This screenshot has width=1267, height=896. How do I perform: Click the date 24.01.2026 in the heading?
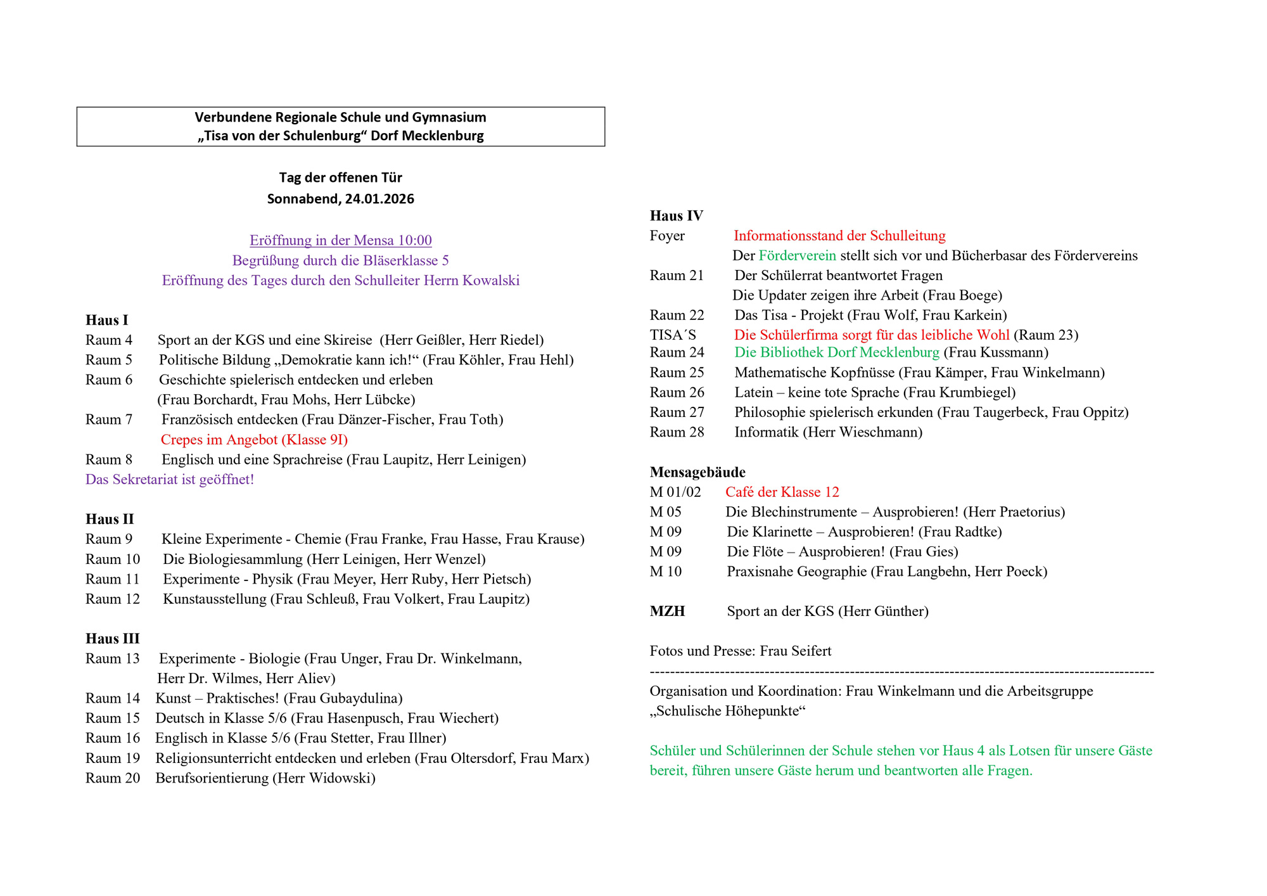(x=379, y=199)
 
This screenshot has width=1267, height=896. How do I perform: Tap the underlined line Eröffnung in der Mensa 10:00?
(x=340, y=240)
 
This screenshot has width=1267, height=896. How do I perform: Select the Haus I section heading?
(x=106, y=320)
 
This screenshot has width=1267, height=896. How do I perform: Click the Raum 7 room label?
(x=109, y=419)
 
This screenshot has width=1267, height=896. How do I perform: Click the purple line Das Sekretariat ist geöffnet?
(x=170, y=480)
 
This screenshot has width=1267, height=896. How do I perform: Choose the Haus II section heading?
(x=110, y=519)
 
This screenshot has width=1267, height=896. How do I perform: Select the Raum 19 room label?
(x=113, y=758)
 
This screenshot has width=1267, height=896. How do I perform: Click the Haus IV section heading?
(x=676, y=215)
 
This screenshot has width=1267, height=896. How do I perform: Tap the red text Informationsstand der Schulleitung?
(x=839, y=236)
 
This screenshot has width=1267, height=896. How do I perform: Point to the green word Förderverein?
(x=797, y=255)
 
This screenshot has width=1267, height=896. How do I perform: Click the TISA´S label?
(x=672, y=335)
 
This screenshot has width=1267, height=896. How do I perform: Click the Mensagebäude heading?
(x=697, y=472)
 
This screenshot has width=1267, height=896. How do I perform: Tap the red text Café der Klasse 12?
(x=782, y=492)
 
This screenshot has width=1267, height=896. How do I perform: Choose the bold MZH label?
(x=667, y=611)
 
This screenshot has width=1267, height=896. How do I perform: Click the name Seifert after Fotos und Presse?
(x=810, y=651)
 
